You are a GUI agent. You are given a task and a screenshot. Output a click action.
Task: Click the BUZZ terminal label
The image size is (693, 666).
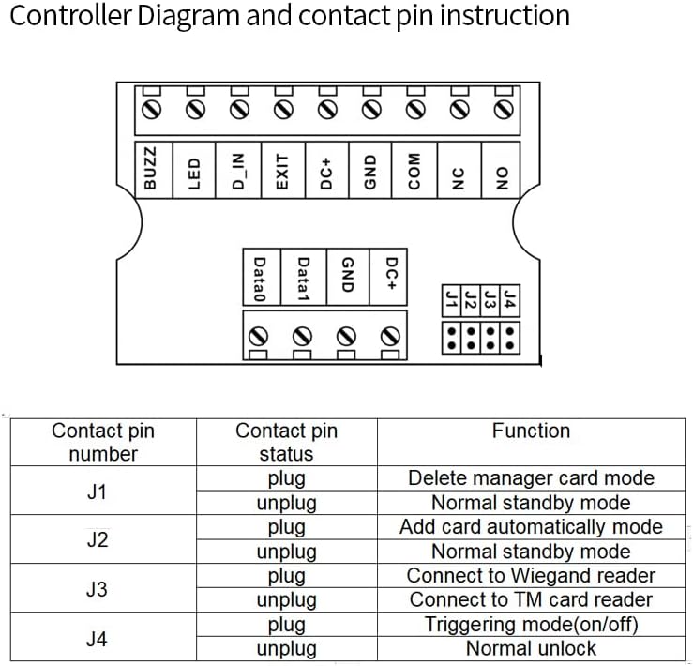pos(150,170)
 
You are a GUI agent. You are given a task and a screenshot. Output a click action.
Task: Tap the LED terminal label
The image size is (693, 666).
pos(194,170)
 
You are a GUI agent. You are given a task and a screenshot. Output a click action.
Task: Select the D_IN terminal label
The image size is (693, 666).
pos(238,170)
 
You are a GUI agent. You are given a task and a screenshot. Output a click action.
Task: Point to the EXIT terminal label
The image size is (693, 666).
pos(282,170)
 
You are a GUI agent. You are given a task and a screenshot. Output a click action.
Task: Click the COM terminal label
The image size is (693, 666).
pos(414,170)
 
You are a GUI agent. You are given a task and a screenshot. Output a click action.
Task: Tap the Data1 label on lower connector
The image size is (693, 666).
pos(303,279)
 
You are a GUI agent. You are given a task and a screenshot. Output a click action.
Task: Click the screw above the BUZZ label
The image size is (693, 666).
pos(151,111)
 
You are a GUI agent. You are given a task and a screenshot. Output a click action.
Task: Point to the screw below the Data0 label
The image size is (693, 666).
pos(260,335)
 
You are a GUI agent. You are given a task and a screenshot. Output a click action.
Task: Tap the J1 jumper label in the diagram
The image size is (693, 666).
pos(452,300)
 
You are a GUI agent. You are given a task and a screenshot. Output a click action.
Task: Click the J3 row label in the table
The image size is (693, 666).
pos(97,589)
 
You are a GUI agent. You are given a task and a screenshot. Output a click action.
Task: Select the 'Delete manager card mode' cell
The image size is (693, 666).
pos(531,477)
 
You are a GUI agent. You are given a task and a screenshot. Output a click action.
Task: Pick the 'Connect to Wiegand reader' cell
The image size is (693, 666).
pos(531,576)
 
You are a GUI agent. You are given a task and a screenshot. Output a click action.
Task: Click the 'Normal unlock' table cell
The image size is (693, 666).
pos(531,648)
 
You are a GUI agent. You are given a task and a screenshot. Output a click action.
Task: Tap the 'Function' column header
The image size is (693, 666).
pos(531,431)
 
